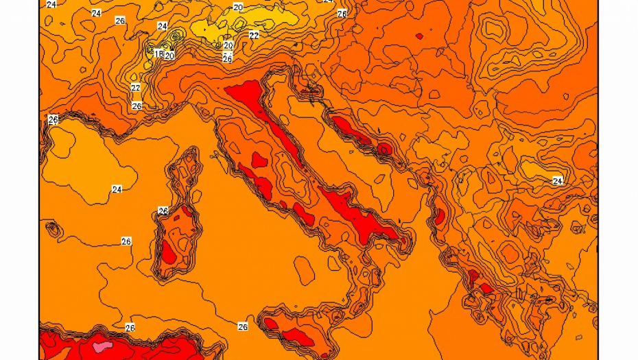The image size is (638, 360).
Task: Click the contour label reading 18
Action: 158,53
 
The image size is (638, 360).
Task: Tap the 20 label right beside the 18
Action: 169,56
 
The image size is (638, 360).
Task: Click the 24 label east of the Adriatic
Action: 557,180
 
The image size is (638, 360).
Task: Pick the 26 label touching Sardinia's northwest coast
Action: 163,211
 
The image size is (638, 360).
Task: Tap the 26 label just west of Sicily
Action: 242,326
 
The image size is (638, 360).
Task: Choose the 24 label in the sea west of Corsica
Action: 117,189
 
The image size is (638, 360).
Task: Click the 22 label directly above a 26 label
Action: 136,88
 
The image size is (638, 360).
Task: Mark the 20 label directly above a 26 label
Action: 228,46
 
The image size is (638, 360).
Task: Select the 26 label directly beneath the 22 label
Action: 137,106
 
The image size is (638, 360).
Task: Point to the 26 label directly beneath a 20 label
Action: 227,58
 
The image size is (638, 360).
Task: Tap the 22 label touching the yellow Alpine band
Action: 254,35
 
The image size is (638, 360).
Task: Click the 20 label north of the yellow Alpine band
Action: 237,7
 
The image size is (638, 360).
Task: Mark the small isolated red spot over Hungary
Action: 419,36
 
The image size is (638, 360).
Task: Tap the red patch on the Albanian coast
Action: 439,217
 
